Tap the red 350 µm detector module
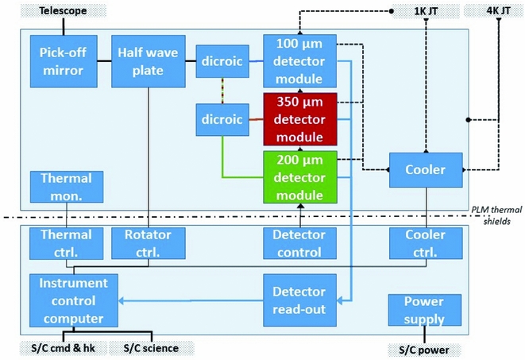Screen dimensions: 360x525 (x=300, y=119)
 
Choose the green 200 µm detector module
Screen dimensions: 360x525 (x=300, y=177)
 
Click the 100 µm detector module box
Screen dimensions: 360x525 (x=300, y=61)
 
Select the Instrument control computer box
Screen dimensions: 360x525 (x=72, y=300)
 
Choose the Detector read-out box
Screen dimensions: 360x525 (x=300, y=300)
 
